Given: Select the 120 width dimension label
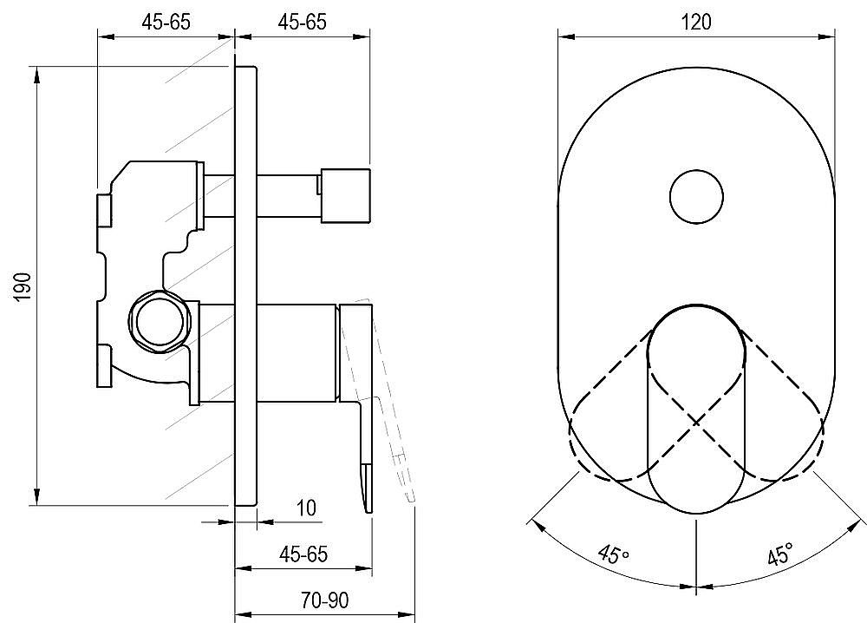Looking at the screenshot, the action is [695, 23].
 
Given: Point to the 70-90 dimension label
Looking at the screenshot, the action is [324, 600].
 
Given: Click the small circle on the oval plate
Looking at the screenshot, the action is [696, 197].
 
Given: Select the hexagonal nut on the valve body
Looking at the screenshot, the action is [160, 321].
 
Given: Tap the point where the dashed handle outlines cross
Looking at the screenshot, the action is [696, 423].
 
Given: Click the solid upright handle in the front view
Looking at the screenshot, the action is [696, 409].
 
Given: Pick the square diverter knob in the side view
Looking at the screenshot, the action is [345, 193].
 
